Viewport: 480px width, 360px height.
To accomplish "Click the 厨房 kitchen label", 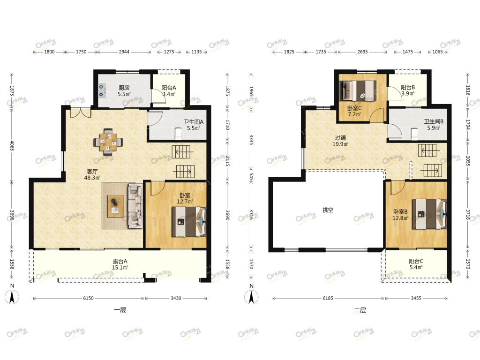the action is pos(124,88).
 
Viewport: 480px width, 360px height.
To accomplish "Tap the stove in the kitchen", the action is pos(102,90).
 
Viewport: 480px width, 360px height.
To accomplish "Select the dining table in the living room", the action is pos(108,142).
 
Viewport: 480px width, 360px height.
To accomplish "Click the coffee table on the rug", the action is pos(115,206).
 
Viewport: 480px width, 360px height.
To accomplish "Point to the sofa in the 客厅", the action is pos(135,206).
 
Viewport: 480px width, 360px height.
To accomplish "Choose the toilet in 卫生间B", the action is pos(414,134).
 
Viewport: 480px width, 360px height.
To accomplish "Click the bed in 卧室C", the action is pos(358,90).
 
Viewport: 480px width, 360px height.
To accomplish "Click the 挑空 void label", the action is pos(328,210).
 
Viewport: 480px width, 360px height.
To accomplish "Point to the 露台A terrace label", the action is pos(120,262).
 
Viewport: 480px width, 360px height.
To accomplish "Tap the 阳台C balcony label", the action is pos(416,261).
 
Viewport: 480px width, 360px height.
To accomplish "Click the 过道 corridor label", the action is pos(340,138).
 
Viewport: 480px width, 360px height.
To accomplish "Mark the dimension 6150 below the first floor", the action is pos(89,298).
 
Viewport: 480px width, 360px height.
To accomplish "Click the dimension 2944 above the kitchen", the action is pos(124,52).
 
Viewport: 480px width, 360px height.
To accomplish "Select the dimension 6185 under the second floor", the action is pos(328,298).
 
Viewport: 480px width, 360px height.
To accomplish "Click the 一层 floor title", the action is pos(120,310).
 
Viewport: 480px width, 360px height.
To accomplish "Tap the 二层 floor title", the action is pos(360,310).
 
